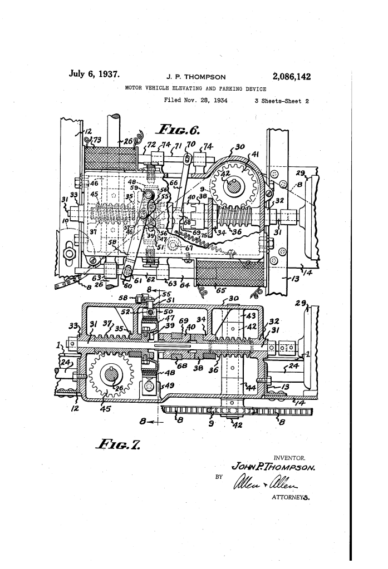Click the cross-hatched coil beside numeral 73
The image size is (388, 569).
pyautogui.click(x=110, y=155)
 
